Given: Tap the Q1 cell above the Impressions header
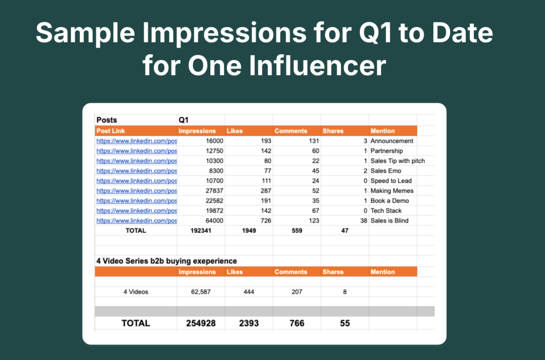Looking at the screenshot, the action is point(184,120).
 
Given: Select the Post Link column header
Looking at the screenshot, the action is point(111,131).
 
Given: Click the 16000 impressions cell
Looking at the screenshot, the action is point(214,141).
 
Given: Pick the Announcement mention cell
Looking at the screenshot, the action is point(392,141).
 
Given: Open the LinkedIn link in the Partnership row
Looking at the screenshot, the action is point(137,151).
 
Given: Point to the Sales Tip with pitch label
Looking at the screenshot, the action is point(398,161).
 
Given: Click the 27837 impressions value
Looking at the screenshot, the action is point(214,190).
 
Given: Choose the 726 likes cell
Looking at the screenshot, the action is point(266,221).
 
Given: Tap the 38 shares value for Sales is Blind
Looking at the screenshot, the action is point(364,221).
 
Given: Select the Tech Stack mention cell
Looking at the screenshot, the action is point(386,211).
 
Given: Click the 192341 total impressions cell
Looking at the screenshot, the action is point(201,230).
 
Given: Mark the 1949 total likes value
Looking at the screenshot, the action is point(249,230).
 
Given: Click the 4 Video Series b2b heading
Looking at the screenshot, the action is point(167,261).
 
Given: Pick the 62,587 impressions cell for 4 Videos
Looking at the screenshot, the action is point(201,292).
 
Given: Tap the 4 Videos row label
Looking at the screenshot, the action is point(136,292).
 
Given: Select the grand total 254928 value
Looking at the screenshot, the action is point(201,323).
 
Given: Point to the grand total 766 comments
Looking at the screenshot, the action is point(297,323).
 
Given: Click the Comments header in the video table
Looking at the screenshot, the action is point(291,272).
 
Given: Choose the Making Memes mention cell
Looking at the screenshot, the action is point(392,190).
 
